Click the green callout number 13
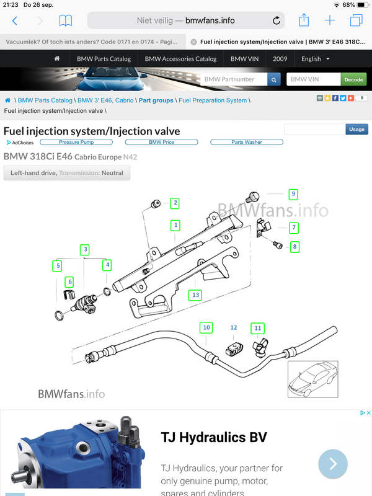196,294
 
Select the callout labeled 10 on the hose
206,327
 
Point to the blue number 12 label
234,327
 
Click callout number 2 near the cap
175,203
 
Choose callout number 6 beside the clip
69,282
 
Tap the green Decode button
354,79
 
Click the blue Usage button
356,130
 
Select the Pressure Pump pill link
77,142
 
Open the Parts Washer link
247,142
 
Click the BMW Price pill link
161,142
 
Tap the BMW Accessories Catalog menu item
180,59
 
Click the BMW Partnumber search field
234,79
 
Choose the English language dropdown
316,59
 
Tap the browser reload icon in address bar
277,20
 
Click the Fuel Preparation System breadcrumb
213,100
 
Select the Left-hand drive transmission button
67,173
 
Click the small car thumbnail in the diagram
312,379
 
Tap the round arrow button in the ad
333,464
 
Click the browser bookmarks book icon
65,20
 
